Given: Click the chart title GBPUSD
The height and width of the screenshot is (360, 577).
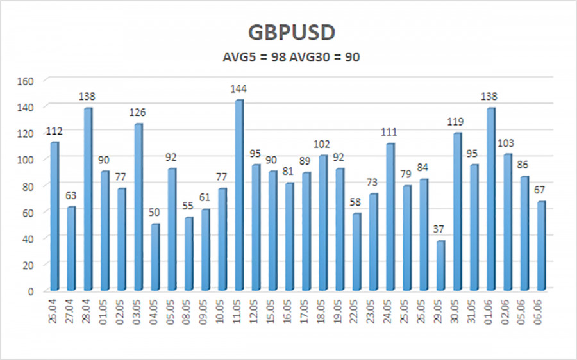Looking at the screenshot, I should coord(288,33).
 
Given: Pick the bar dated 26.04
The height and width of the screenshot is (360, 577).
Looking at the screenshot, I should coord(54,215).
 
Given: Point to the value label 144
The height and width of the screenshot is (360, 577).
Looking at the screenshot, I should coord(239,88).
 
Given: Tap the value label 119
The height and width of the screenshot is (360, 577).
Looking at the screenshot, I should coord(457,122).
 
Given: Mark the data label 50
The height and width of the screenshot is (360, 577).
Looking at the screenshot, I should coord(155,213).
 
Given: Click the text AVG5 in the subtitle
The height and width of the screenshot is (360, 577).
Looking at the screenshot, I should coord(235,57).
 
